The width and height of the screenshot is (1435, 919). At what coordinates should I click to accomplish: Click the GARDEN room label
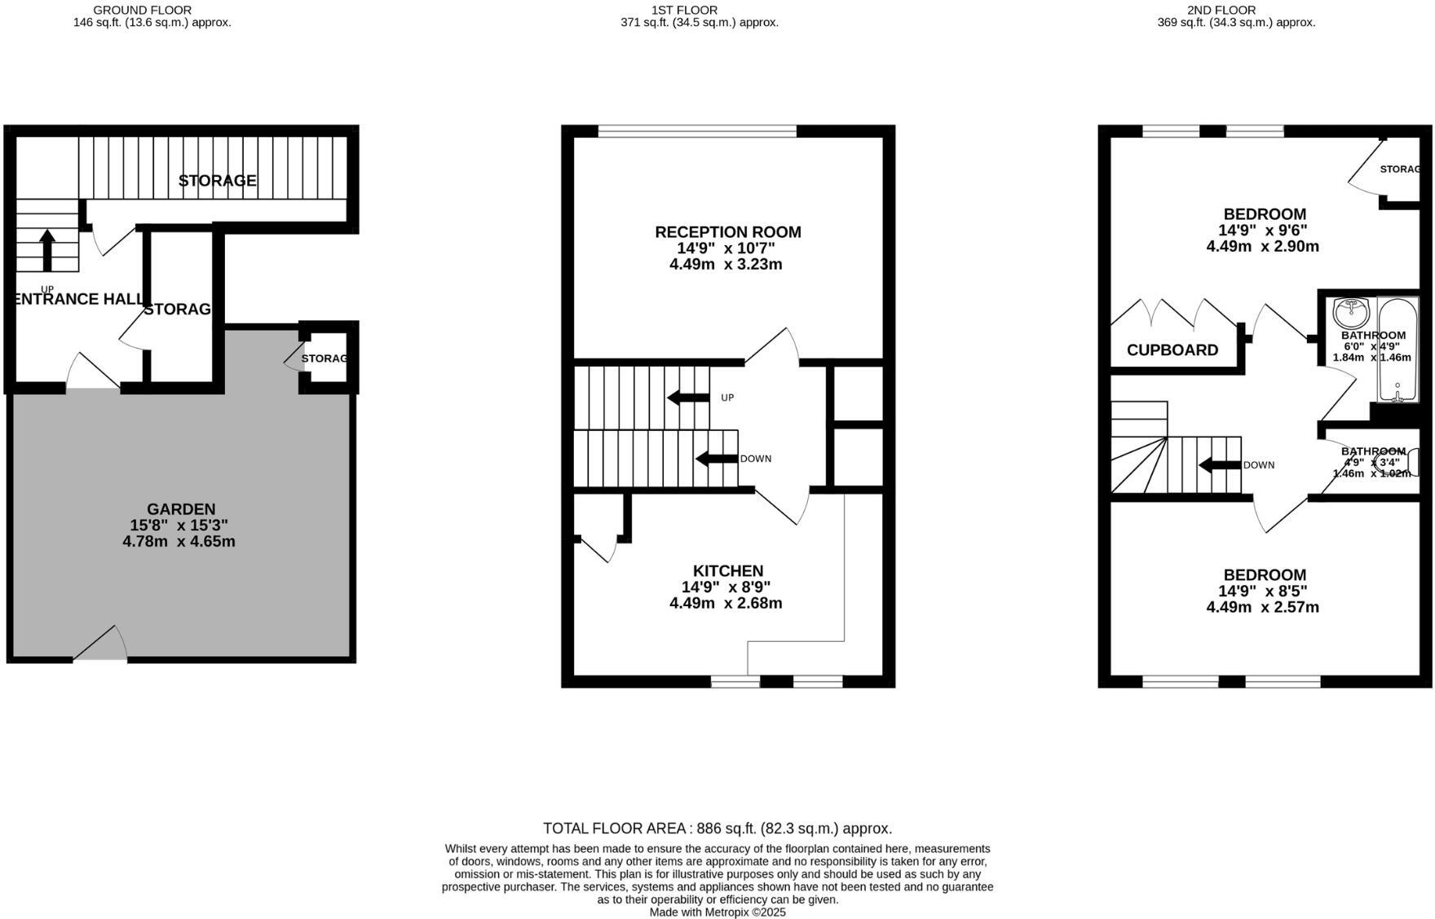[x=181, y=509]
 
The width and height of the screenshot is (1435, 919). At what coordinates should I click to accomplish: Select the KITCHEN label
[x=728, y=571]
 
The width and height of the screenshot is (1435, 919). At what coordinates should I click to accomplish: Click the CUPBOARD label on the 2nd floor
[x=1172, y=350]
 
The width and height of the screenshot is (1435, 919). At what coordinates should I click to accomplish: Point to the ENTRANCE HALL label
[x=80, y=299]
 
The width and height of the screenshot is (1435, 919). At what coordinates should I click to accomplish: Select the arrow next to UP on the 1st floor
[x=688, y=398]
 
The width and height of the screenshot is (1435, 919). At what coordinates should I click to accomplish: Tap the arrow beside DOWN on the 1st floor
[x=717, y=459]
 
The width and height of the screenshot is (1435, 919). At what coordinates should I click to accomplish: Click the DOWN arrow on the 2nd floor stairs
[x=1219, y=465]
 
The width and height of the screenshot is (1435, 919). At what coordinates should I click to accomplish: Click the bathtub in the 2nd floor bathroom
[x=1397, y=350]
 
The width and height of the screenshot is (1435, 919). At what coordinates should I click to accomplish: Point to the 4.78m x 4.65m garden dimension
[x=179, y=542]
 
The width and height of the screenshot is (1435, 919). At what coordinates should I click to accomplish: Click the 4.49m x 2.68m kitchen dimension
[x=726, y=604]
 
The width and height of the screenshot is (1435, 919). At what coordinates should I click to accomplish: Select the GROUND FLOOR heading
[x=143, y=10]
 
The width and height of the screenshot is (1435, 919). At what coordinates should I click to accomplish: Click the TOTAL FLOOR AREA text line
[x=717, y=829]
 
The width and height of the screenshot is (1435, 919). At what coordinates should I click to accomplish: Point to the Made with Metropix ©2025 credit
[x=717, y=912]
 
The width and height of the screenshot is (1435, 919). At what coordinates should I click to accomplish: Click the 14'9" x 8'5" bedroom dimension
[x=1262, y=591]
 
